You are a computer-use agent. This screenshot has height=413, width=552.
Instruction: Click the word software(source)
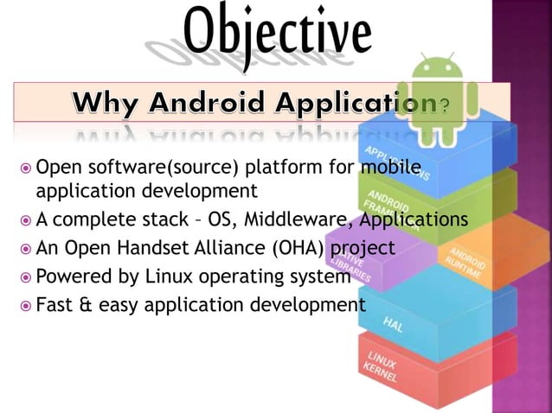[x=149, y=168]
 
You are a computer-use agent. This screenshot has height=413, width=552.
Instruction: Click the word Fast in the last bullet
[x=54, y=305]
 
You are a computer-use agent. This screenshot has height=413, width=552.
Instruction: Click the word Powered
[x=74, y=277]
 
